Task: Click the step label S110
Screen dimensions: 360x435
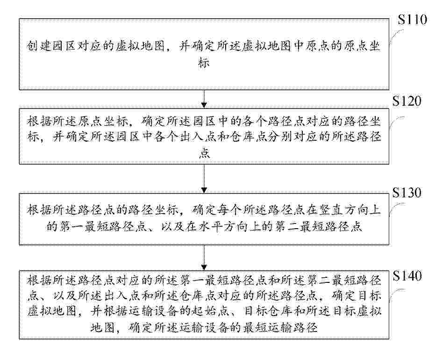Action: [x=412, y=20]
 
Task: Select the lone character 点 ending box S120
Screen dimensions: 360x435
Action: [x=204, y=152]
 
